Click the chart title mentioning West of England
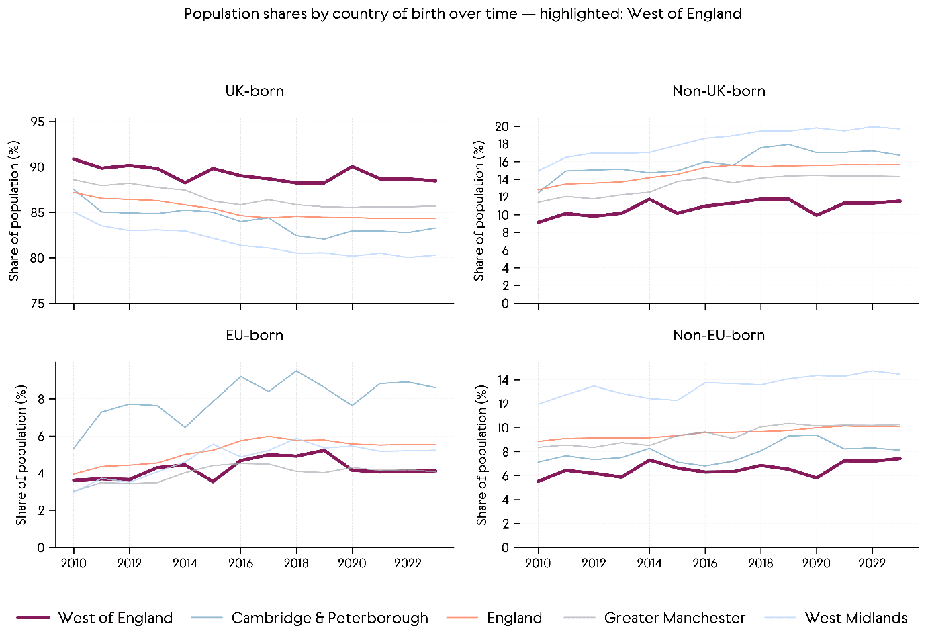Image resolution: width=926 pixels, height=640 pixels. point(463,14)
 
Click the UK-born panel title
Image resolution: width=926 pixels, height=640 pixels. point(254,91)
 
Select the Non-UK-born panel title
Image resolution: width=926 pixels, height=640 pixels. point(719,91)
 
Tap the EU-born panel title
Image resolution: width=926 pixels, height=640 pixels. point(254,336)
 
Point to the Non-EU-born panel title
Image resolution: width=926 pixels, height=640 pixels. point(719,336)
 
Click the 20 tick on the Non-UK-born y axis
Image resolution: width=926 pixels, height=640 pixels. point(502,126)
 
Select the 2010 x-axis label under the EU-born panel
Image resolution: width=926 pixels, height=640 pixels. point(74,563)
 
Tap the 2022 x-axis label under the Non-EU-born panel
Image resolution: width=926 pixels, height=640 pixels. point(872,563)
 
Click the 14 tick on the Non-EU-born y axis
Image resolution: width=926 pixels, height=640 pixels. point(502,380)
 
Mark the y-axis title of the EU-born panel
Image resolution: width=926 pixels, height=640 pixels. point(21,455)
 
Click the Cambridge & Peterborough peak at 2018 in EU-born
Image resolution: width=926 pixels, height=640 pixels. point(296,371)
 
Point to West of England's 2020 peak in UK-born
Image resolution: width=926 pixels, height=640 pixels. point(352,167)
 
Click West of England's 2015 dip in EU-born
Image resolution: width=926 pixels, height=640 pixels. point(213,482)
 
